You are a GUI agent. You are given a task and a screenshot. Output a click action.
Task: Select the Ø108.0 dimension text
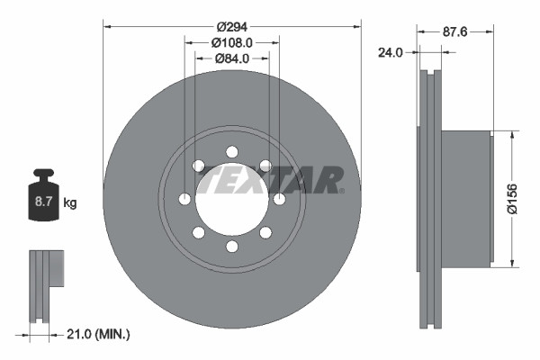pos(231,41)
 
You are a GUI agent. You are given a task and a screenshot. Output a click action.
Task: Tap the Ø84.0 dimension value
pos(231,59)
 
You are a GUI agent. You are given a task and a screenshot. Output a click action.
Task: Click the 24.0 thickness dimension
pos(389,53)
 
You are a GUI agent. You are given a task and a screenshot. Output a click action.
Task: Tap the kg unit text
pos(70,203)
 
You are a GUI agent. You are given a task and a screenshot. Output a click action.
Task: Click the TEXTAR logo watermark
pos(270,181)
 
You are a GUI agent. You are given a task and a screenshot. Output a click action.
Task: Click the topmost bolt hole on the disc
pos(231,150)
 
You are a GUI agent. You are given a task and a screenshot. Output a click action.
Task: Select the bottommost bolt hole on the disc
pos(231,247)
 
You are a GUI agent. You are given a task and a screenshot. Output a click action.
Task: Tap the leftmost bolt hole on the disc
pos(184,199)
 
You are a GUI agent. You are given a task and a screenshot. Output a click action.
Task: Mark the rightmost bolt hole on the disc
pos(279,199)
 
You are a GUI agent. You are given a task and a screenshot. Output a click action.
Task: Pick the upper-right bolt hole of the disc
pos(265,165)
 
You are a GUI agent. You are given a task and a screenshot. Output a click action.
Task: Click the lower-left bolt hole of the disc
pos(198,233)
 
